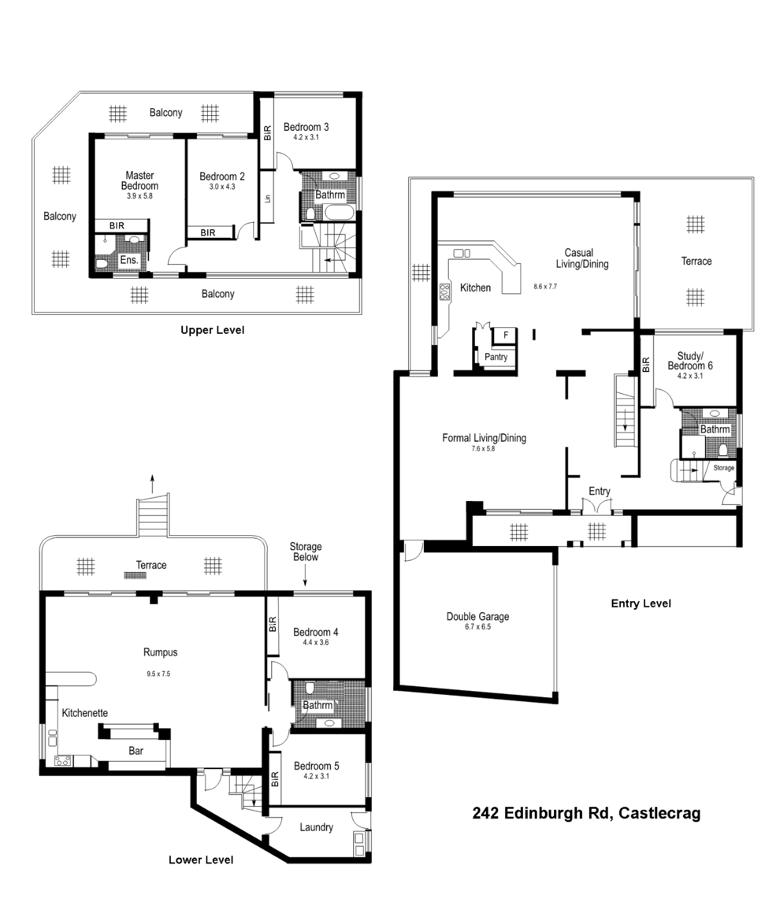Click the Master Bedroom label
(139, 180)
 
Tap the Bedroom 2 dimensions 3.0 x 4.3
(217, 188)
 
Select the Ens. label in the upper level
(129, 260)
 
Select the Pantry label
(496, 357)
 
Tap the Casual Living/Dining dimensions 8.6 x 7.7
(544, 287)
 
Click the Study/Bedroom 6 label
(689, 361)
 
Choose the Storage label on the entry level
(723, 468)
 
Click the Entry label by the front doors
(599, 492)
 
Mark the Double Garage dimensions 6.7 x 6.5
(477, 628)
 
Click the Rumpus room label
(159, 652)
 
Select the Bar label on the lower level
(136, 752)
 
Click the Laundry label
(315, 827)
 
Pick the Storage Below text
(305, 551)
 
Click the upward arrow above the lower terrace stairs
(153, 482)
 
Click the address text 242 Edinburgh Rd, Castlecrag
(586, 813)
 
